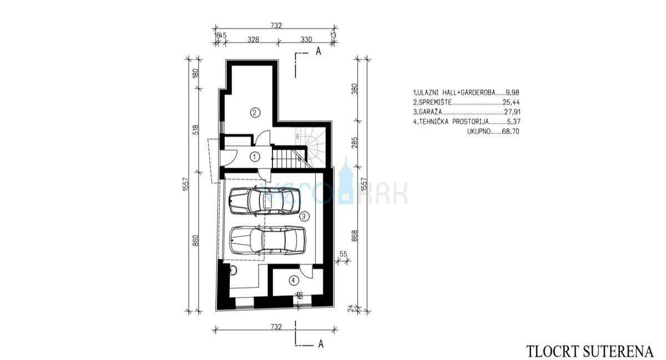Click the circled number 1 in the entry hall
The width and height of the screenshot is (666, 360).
click(254, 156)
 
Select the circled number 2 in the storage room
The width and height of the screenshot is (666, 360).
click(254, 113)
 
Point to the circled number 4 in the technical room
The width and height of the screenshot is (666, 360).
click(292, 280)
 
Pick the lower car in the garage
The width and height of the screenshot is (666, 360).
click(267, 240)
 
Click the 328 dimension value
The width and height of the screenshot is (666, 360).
click(253, 39)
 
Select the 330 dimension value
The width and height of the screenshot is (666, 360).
click(306, 39)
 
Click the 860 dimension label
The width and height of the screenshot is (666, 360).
click(195, 241)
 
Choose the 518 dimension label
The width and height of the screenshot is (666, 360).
click(195, 130)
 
